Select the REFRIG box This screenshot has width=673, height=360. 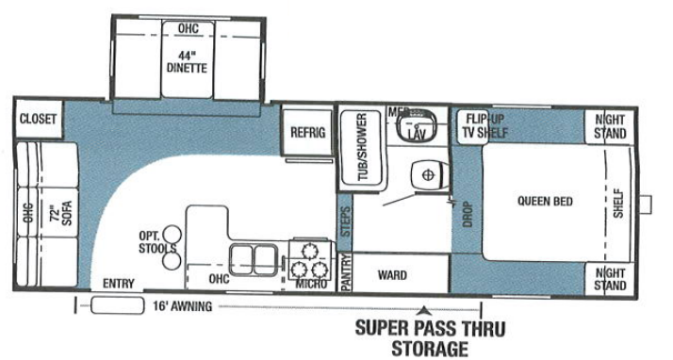[x=307, y=132]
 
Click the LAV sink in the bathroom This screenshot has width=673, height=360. [x=416, y=130]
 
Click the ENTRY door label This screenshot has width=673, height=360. [x=120, y=284]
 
